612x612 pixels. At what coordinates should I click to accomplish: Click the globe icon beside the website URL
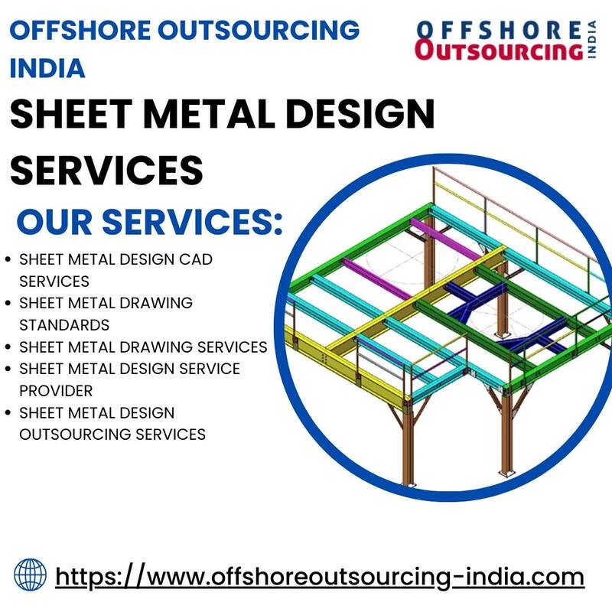click(x=30, y=575)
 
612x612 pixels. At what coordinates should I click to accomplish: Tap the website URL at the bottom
click(x=320, y=578)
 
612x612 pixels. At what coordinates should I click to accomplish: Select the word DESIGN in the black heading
click(x=360, y=113)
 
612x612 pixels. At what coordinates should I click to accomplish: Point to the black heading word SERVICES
click(x=106, y=170)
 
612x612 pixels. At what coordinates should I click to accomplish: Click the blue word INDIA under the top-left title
click(x=47, y=68)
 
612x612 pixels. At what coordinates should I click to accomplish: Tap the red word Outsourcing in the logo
click(x=499, y=50)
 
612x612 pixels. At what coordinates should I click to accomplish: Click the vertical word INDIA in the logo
click(x=592, y=40)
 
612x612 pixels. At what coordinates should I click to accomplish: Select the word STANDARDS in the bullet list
click(x=64, y=325)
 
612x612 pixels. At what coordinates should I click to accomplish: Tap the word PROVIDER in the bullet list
click(x=56, y=391)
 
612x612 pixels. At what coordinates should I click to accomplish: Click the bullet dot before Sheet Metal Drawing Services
click(x=8, y=347)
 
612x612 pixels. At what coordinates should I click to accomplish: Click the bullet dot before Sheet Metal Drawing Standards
click(x=8, y=303)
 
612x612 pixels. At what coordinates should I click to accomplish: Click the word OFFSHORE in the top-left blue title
click(x=80, y=30)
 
